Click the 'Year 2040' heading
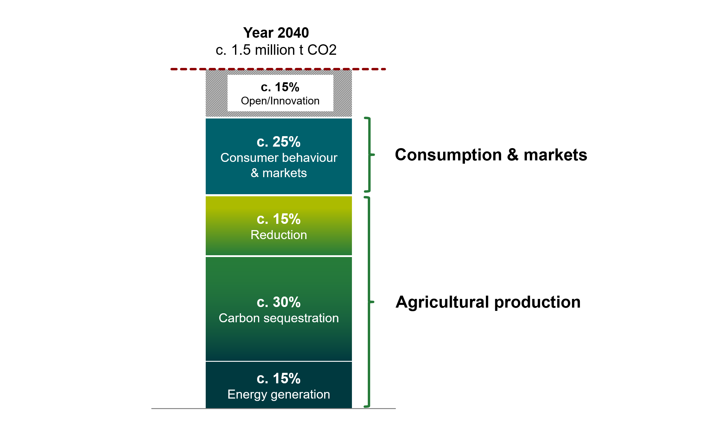click(x=276, y=33)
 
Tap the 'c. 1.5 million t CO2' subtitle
click(x=276, y=50)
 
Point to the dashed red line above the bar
click(x=278, y=69)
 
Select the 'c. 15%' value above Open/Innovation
click(x=280, y=87)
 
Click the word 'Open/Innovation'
click(x=280, y=101)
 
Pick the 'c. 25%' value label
click(x=278, y=142)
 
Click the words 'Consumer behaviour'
click(x=279, y=158)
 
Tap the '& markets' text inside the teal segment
click(x=279, y=173)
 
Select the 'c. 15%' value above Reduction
click(x=278, y=219)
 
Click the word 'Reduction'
click(x=279, y=235)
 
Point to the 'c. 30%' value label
click(x=278, y=302)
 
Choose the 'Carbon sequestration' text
click(x=279, y=318)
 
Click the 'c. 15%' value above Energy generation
click(x=278, y=379)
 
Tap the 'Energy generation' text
click(x=279, y=394)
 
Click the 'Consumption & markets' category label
click(x=491, y=155)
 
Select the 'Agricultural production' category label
click(x=488, y=302)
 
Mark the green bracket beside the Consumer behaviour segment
click(x=370, y=155)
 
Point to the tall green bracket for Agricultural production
click(x=369, y=302)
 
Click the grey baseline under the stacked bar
click(x=273, y=408)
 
